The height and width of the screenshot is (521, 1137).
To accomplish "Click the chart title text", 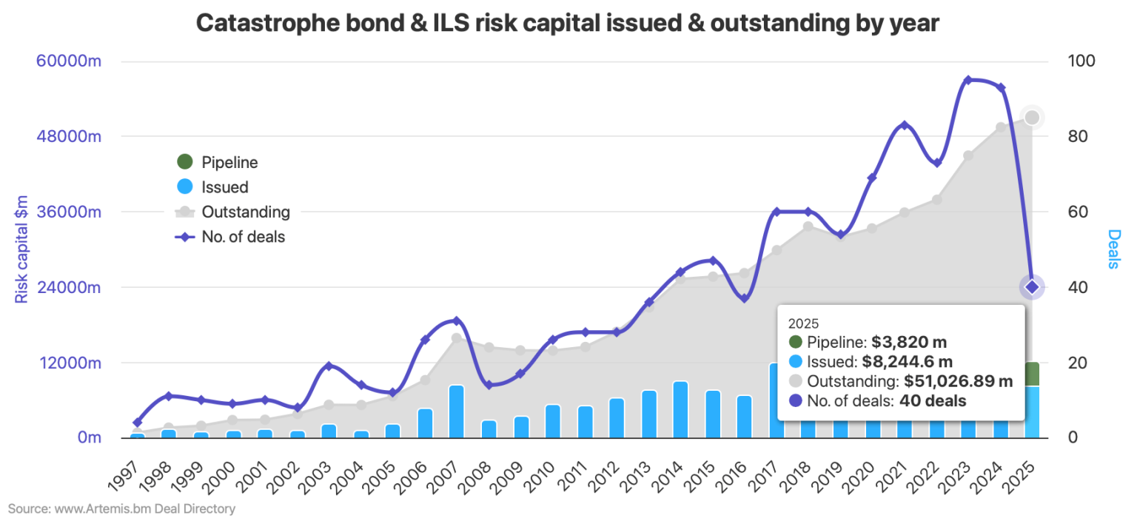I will tap(568, 23).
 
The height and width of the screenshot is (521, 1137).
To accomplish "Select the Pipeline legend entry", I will tap(229, 162).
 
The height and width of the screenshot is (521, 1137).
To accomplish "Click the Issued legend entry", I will tap(224, 187).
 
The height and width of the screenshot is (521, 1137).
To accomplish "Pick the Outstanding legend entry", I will tap(245, 212).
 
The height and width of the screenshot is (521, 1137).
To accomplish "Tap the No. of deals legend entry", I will tap(243, 238).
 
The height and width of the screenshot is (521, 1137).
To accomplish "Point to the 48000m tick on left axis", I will tap(69, 137).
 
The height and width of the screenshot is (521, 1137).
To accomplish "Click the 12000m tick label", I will tap(69, 363).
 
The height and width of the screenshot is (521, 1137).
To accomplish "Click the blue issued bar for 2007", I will tap(457, 411).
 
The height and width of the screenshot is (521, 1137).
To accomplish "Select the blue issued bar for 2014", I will tap(680, 409).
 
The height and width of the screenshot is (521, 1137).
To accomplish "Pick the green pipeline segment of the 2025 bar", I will tap(1032, 374).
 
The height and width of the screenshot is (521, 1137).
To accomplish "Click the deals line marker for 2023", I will tap(967, 80).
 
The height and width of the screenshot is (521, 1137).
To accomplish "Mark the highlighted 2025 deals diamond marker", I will tap(1032, 287).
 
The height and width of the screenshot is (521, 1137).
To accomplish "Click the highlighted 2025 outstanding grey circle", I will tap(1032, 118).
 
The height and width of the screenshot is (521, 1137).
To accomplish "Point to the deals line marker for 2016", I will tap(745, 298).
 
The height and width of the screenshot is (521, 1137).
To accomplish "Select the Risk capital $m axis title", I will tap(21, 249).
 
